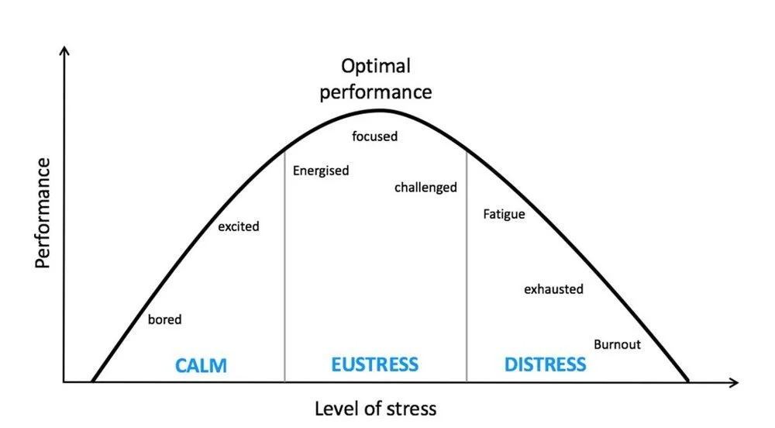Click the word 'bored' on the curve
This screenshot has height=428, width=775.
164,319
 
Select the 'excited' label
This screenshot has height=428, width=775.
238,226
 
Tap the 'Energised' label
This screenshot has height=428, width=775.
321,171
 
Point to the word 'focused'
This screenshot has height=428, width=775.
374,136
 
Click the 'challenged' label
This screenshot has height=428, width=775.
425,187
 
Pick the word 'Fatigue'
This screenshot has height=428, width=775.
504,213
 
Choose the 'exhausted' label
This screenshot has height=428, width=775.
553,289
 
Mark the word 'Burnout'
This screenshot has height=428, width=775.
617,344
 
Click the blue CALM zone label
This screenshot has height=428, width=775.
201,365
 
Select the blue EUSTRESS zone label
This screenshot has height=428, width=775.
374,364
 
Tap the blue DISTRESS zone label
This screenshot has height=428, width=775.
545,364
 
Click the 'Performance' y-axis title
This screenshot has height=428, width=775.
43,212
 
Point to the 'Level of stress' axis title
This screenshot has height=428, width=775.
375,408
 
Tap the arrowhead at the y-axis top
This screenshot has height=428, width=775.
65,50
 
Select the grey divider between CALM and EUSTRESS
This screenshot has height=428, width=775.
284,264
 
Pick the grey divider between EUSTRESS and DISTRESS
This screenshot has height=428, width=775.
467,264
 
